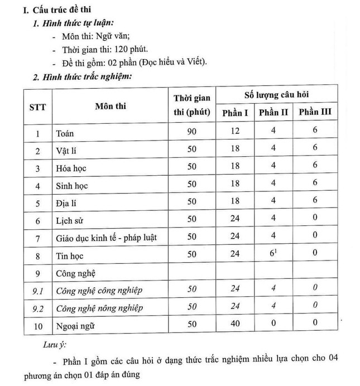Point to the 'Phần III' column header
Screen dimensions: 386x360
314,112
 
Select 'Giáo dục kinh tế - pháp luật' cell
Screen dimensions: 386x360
104,238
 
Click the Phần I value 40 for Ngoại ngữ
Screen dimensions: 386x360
235,323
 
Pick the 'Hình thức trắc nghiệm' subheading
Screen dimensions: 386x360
85,76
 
